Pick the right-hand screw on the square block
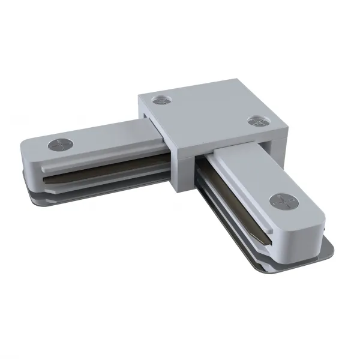pyautogui.click(x=257, y=122)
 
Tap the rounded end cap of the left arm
pyautogui.click(x=30, y=157)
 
